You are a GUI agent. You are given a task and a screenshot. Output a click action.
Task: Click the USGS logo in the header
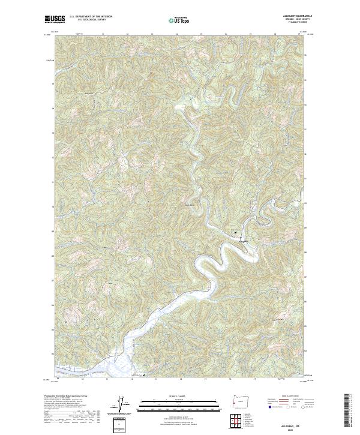pos(55,19)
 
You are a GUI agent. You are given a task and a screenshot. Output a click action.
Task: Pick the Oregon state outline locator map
pos(239,401)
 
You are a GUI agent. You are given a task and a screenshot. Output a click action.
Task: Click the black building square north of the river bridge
pos(237,232)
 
